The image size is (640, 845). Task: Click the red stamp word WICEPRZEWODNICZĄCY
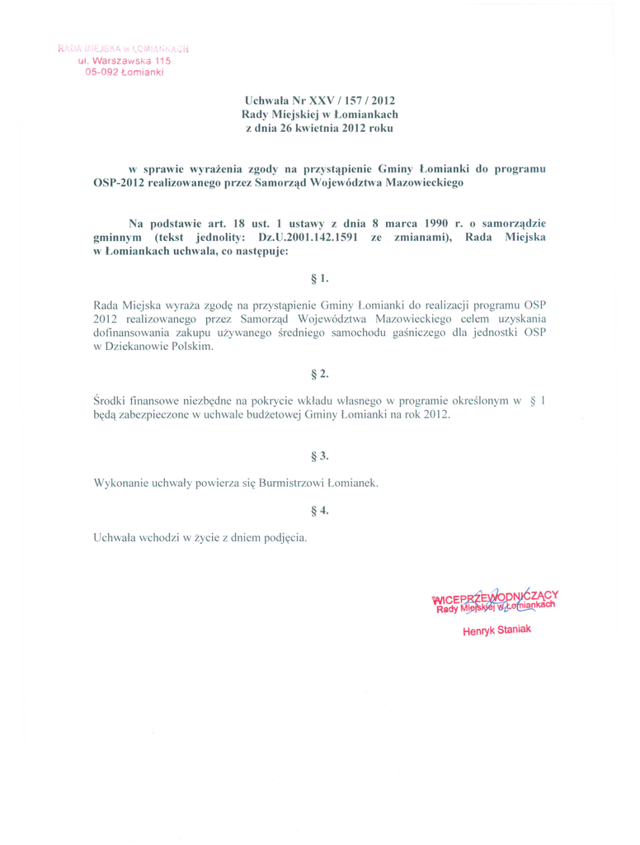tap(495, 596)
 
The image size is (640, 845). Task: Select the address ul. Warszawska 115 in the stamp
tap(124, 61)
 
